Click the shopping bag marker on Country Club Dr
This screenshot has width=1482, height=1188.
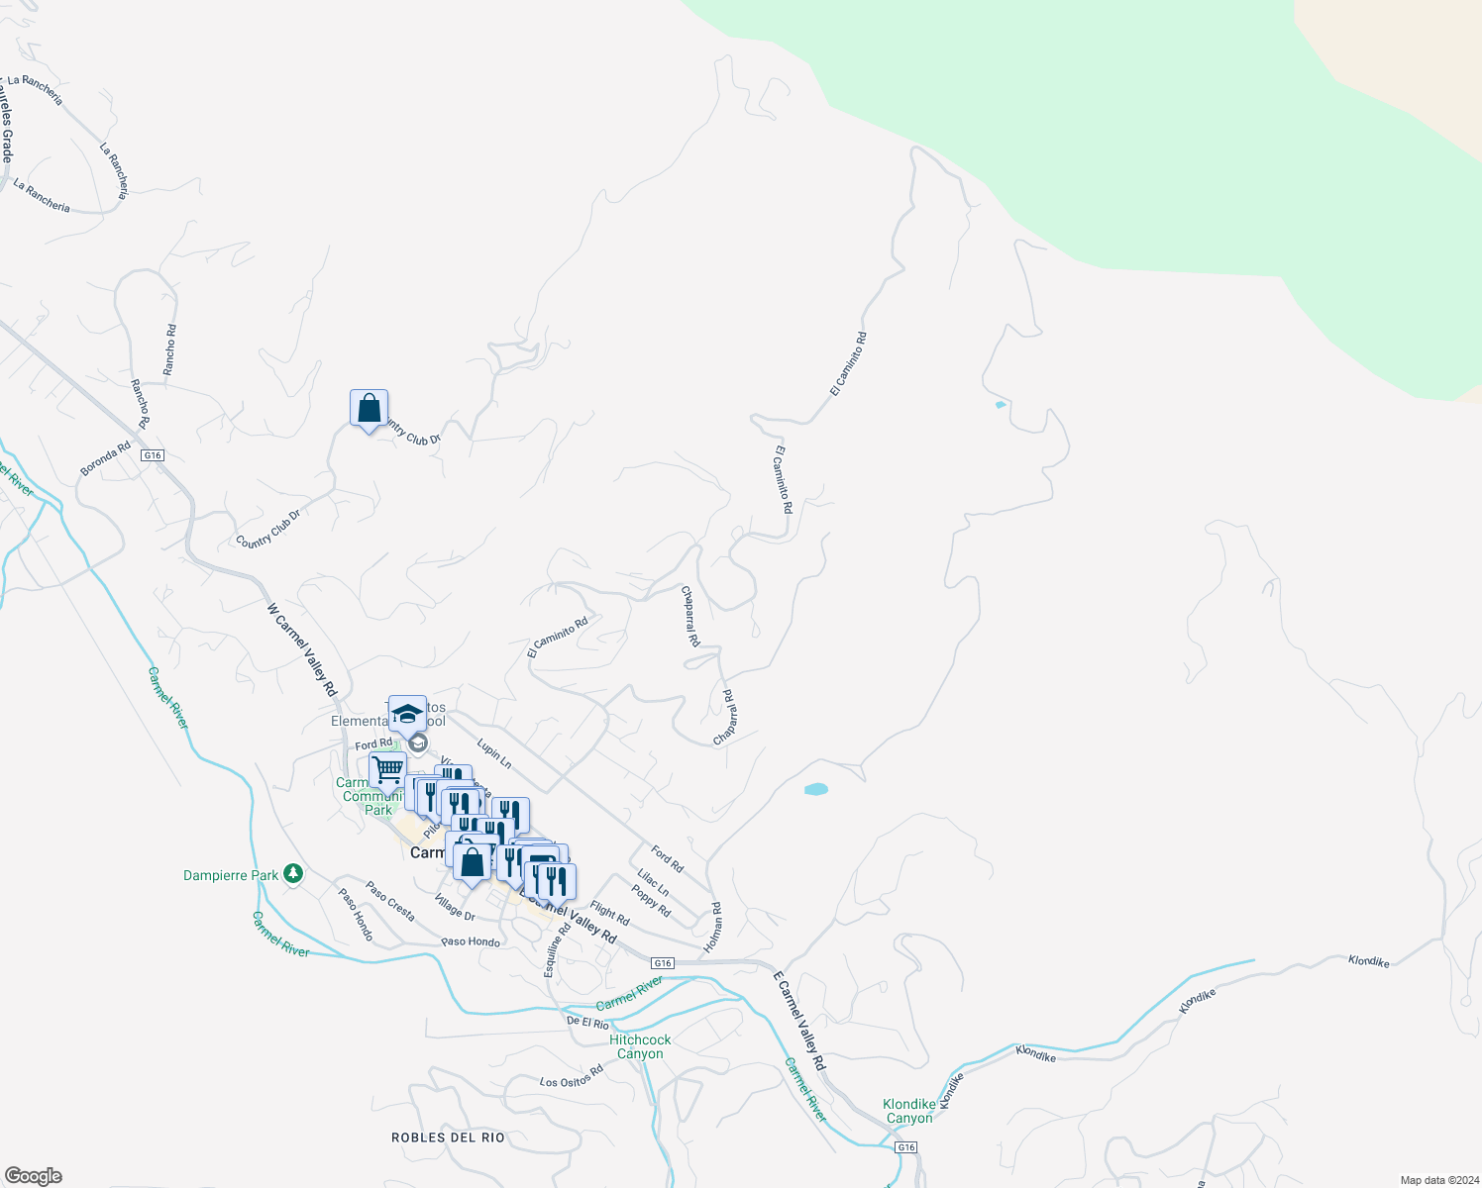click(369, 409)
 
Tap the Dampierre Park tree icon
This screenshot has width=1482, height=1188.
click(292, 873)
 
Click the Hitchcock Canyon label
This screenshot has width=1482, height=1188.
click(640, 1046)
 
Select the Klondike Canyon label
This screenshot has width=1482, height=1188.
click(908, 1111)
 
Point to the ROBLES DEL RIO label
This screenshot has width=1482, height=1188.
click(448, 1138)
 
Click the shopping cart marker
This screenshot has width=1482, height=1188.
click(387, 768)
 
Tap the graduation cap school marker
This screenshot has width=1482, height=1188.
click(407, 713)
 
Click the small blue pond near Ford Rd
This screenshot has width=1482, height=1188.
click(815, 789)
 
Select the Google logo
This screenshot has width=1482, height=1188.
click(34, 1175)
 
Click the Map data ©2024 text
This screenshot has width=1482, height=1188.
click(1437, 1180)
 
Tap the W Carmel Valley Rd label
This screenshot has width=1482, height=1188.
click(302, 649)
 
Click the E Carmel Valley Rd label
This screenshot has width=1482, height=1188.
click(798, 1021)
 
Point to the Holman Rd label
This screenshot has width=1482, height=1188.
click(713, 928)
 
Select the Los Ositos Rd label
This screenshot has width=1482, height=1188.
click(572, 1076)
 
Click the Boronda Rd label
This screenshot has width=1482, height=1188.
click(105, 459)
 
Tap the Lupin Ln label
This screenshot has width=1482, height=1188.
click(493, 753)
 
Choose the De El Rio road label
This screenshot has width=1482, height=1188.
click(587, 1022)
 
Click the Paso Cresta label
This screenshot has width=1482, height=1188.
click(390, 901)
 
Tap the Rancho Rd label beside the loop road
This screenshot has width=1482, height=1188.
click(170, 349)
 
